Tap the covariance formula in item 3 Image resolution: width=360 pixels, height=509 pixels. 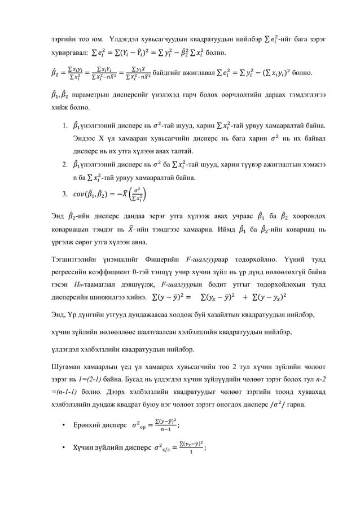click(108, 195)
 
